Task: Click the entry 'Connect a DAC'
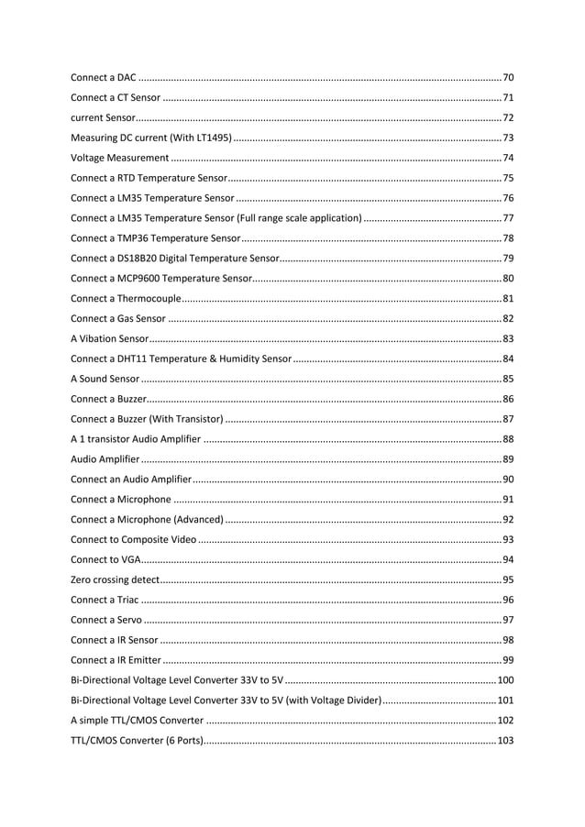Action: [x=104, y=77]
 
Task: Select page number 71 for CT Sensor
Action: [x=507, y=97]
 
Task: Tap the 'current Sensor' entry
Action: [x=103, y=118]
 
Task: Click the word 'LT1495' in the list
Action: [x=210, y=138]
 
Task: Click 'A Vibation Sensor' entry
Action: [x=104, y=338]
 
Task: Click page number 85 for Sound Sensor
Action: [x=507, y=379]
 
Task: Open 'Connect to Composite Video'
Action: [x=133, y=539]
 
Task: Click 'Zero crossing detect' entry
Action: [x=115, y=579]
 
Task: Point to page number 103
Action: [x=504, y=740]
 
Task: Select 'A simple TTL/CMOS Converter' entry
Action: [x=137, y=720]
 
